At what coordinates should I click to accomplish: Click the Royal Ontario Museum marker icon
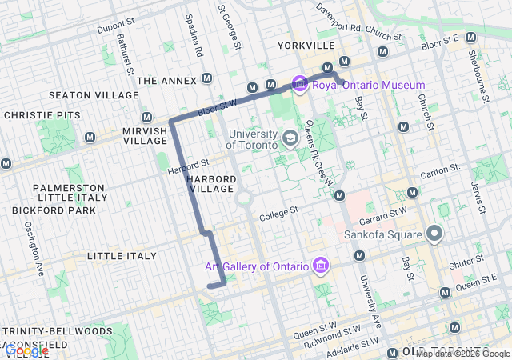pyautogui.click(x=300, y=83)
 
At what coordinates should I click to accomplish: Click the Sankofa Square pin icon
pyautogui.click(x=434, y=234)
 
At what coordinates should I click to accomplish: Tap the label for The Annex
pyautogui.click(x=166, y=81)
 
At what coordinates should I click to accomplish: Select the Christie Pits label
pyautogui.click(x=42, y=115)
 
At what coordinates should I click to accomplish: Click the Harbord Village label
pyautogui.click(x=211, y=183)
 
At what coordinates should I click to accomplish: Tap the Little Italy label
pyautogui.click(x=121, y=256)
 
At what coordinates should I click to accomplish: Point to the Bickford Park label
pyautogui.click(x=54, y=210)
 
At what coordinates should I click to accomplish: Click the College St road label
pyautogui.click(x=278, y=212)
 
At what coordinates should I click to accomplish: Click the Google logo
pyautogui.click(x=26, y=350)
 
